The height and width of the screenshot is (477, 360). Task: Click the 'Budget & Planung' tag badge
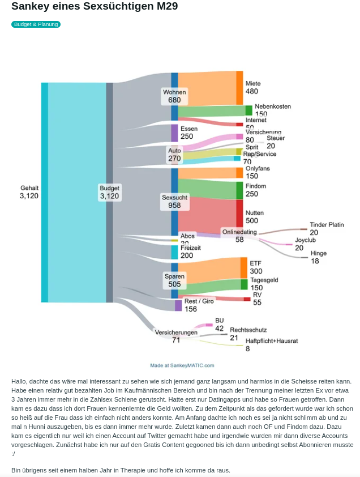pyautogui.click(x=36, y=24)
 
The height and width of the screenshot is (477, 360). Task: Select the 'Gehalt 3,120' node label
pyautogui.click(x=29, y=192)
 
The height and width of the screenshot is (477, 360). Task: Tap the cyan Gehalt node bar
pyautogui.click(x=44, y=192)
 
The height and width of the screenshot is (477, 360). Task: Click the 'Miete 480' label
pyautogui.click(x=252, y=87)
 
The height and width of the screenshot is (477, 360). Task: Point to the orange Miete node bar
pyautogui.click(x=239, y=87)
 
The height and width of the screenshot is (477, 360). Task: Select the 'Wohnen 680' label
pyautogui.click(x=174, y=96)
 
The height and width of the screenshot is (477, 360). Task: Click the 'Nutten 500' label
pyautogui.click(x=252, y=217)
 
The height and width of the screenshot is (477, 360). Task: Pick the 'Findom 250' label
pyautogui.click(x=255, y=190)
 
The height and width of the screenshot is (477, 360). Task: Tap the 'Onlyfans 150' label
pyautogui.click(x=258, y=172)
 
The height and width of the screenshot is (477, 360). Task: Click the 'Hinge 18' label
pyautogui.click(x=318, y=257)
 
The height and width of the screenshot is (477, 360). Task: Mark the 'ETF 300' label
pyautogui.click(x=256, y=267)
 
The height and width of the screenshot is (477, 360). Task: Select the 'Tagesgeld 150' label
pyautogui.click(x=264, y=284)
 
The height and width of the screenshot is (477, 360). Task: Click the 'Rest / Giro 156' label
pyautogui.click(x=199, y=305)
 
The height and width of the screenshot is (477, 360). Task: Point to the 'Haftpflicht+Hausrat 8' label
pyautogui.click(x=271, y=344)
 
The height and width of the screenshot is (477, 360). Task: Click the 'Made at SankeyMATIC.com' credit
pyautogui.click(x=182, y=365)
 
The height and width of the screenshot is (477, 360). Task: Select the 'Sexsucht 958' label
pyautogui.click(x=174, y=201)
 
